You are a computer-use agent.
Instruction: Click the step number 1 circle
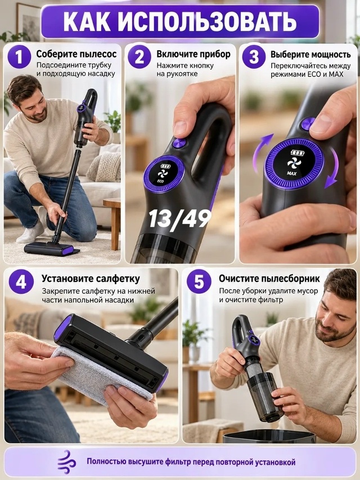[x=19, y=57]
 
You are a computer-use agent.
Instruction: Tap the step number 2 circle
[x=139, y=57]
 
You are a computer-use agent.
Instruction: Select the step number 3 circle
[x=254, y=57]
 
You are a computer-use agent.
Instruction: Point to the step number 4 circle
[x=21, y=281]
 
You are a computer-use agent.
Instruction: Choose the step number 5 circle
[x=199, y=281]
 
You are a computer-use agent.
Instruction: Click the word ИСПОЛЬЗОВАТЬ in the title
[x=207, y=22]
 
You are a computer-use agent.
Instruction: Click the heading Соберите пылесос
[x=76, y=54]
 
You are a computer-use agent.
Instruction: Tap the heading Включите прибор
[x=193, y=54]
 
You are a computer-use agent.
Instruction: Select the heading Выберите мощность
[x=310, y=55]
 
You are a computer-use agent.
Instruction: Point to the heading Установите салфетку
[x=91, y=279]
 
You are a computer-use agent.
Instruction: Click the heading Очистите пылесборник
[x=269, y=279]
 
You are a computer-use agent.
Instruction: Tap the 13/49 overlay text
[x=180, y=219]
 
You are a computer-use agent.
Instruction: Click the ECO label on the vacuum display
[x=160, y=181]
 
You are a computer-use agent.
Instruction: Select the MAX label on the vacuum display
[x=292, y=173]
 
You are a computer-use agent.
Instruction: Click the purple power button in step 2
[x=179, y=143]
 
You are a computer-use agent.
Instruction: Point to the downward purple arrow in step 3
[x=334, y=168]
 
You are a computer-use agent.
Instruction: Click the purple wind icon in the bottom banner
[x=67, y=462]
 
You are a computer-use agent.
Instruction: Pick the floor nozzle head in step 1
[x=51, y=249]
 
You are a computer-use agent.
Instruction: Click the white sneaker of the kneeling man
[x=30, y=234]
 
